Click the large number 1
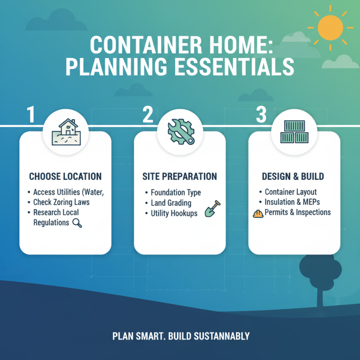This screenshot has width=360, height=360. click(x=31, y=115)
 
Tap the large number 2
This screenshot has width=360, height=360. click(x=148, y=115)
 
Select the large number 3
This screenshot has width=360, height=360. click(x=261, y=115)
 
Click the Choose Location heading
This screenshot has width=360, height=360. click(x=65, y=176)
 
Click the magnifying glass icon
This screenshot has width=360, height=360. click(x=77, y=222)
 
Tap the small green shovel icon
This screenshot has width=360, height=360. click(x=210, y=210)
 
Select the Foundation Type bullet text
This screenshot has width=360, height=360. click(x=175, y=193)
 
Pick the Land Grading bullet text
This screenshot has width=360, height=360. click(x=171, y=203)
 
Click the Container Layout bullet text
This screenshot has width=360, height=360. click(x=291, y=192)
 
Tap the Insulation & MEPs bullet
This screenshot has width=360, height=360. click(x=292, y=202)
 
